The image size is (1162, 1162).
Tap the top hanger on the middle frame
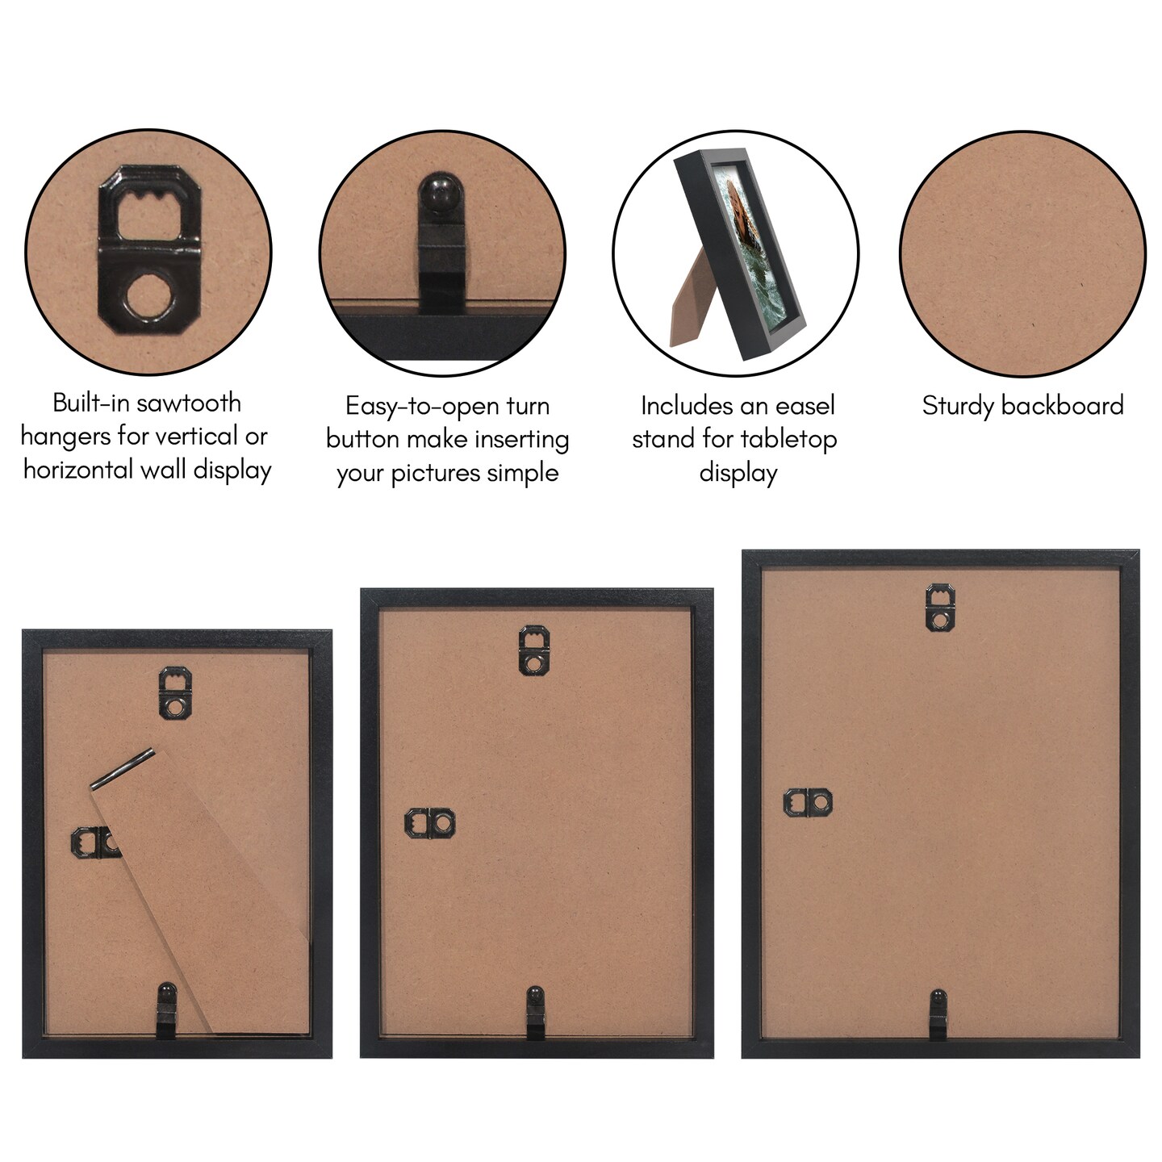(533, 650)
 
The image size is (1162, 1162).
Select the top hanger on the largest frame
(940, 607)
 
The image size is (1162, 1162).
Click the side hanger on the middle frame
(429, 823)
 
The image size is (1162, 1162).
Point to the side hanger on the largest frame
(808, 802)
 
